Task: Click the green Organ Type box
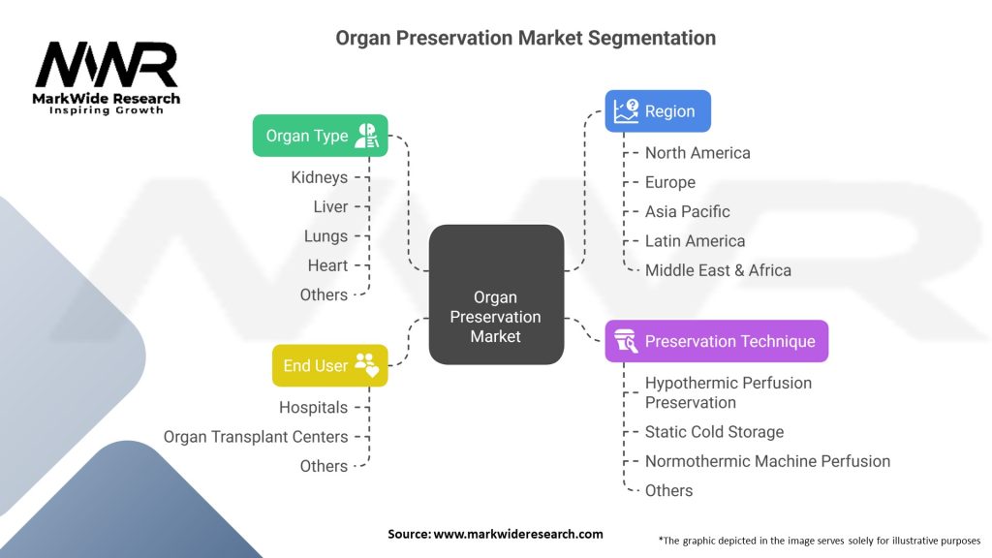pyautogui.click(x=320, y=136)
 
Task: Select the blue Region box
pyautogui.click(x=658, y=111)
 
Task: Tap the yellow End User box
pyautogui.click(x=330, y=365)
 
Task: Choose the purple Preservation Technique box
pyautogui.click(x=717, y=341)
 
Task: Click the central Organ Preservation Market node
pyautogui.click(x=496, y=294)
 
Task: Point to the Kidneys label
pyautogui.click(x=320, y=177)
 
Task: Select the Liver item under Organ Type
pyautogui.click(x=331, y=207)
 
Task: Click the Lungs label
pyautogui.click(x=325, y=236)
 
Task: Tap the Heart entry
pyautogui.click(x=327, y=265)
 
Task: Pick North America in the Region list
pyautogui.click(x=697, y=153)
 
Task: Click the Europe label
pyautogui.click(x=670, y=182)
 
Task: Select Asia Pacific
pyautogui.click(x=688, y=211)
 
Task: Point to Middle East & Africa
pyautogui.click(x=718, y=270)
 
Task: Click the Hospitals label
pyautogui.click(x=314, y=408)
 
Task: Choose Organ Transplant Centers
pyautogui.click(x=256, y=437)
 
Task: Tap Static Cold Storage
pyautogui.click(x=714, y=431)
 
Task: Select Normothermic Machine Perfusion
pyautogui.click(x=767, y=461)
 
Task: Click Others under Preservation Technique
pyautogui.click(x=668, y=490)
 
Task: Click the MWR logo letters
pyautogui.click(x=107, y=65)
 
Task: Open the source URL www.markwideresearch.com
pyautogui.click(x=518, y=534)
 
